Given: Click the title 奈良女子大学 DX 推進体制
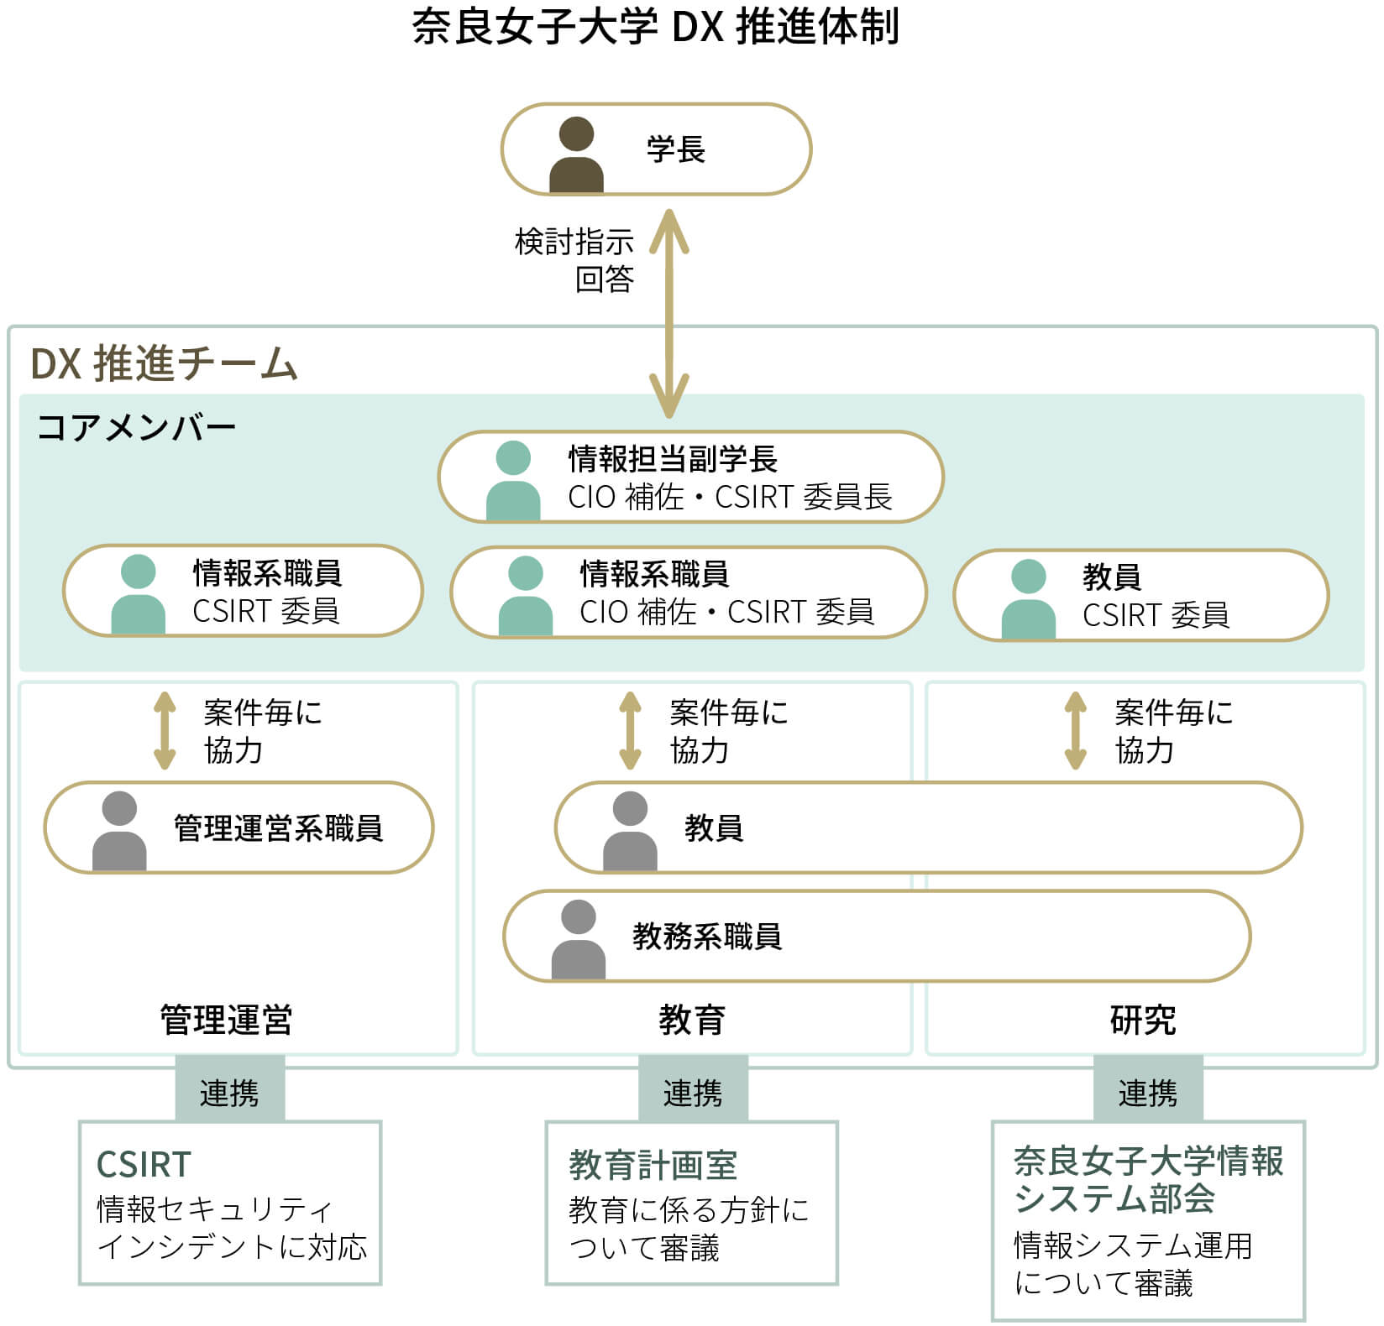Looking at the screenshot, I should click(655, 27).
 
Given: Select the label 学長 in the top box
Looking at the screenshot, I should click(675, 149).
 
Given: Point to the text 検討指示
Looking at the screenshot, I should click(574, 243).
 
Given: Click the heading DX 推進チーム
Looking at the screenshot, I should click(164, 363).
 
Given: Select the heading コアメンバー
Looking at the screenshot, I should click(136, 428).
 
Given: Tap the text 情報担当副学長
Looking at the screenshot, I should click(673, 458).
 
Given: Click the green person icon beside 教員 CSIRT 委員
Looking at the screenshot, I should click(1028, 598).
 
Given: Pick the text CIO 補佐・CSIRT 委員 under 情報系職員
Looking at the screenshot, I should click(726, 612).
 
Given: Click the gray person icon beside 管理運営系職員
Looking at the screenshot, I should click(119, 830).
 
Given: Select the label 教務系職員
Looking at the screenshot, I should click(707, 936).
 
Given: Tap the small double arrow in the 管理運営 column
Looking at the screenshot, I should click(165, 730).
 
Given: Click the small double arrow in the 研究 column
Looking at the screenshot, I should click(1075, 730).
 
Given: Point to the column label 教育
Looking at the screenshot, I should click(691, 1020).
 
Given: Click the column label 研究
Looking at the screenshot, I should click(1143, 1020).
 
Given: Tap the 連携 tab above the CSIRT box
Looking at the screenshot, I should click(229, 1093).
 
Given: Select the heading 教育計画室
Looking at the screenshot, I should click(653, 1165).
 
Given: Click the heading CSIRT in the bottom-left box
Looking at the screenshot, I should click(144, 1164).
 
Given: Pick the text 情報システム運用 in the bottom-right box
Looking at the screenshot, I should click(1132, 1245).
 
